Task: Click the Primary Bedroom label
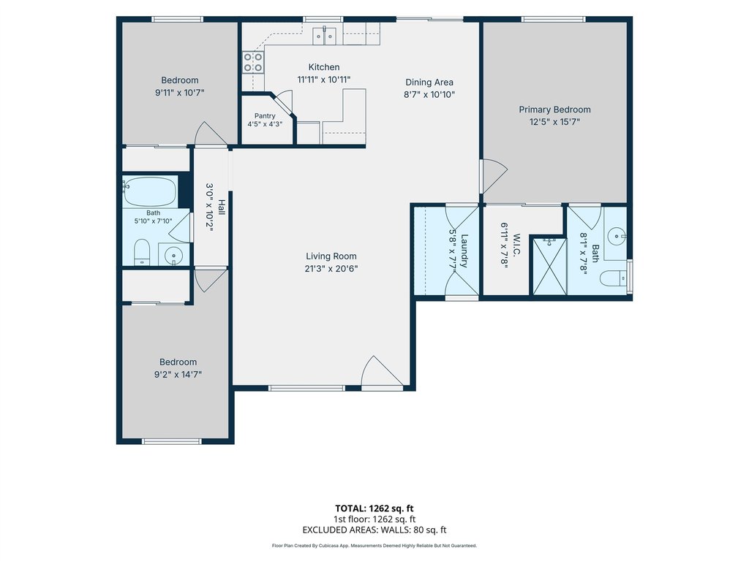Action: pos(554,110)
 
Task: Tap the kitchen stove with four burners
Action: pos(253,63)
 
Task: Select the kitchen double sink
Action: pos(324,36)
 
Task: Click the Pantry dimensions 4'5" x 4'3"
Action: pos(265,124)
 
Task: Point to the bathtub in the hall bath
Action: pos(149,191)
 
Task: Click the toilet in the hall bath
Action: pos(142,252)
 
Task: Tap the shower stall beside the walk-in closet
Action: pos(549,266)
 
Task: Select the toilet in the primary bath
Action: pos(614,278)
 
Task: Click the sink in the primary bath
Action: pos(617,236)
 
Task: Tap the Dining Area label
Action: pos(429,83)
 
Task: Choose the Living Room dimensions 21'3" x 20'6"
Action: pos(331,269)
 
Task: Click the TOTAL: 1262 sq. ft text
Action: pos(374,508)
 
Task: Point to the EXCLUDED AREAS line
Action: pos(374,530)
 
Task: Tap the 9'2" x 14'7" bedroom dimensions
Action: pos(178,375)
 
